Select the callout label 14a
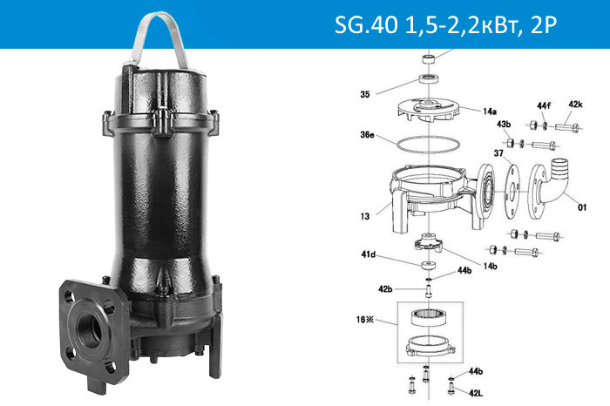click(x=491, y=112)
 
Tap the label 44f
click(x=544, y=105)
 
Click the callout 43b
click(x=504, y=125)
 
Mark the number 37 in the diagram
click(x=499, y=152)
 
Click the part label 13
click(x=363, y=215)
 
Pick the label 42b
click(x=384, y=287)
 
